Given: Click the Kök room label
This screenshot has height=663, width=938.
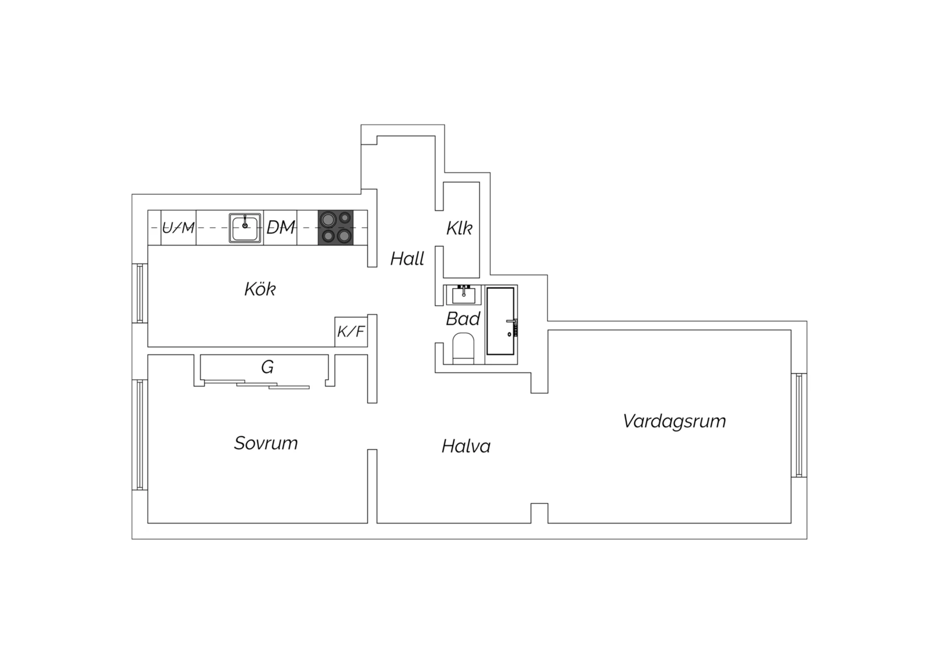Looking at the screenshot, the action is pyautogui.click(x=260, y=289).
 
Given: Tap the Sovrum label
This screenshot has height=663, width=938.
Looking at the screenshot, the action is pyautogui.click(x=266, y=443).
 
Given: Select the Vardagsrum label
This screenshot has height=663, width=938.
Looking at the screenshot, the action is pyautogui.click(x=674, y=422).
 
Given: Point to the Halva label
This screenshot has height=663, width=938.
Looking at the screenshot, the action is pyautogui.click(x=466, y=446).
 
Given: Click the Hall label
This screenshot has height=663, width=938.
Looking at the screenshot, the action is pyautogui.click(x=407, y=258).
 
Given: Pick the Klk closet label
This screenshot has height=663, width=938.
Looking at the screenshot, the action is pyautogui.click(x=459, y=228).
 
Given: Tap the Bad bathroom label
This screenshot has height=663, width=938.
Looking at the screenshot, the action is pyautogui.click(x=463, y=319).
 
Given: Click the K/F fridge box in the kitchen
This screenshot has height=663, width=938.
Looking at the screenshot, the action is pyautogui.click(x=351, y=332).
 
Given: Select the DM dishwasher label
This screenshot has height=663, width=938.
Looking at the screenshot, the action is pyautogui.click(x=281, y=227).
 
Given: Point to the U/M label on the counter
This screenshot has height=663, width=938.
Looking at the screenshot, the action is pyautogui.click(x=178, y=228).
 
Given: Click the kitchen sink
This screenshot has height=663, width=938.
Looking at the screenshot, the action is pyautogui.click(x=245, y=228).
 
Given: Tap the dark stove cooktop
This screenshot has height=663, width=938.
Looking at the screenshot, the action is pyautogui.click(x=336, y=228).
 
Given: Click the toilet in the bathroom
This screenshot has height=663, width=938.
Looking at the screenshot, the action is pyautogui.click(x=463, y=348).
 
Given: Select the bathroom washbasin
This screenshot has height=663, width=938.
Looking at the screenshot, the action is pyautogui.click(x=464, y=295).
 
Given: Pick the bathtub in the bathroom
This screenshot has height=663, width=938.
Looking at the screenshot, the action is pyautogui.click(x=501, y=321).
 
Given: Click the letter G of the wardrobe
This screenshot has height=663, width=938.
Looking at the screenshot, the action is pyautogui.click(x=267, y=367).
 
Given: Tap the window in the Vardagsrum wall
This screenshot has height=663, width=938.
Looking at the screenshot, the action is pyautogui.click(x=799, y=425).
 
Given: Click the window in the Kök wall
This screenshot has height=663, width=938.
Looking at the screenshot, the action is pyautogui.click(x=140, y=293).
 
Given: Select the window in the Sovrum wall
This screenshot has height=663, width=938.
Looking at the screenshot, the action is pyautogui.click(x=140, y=435).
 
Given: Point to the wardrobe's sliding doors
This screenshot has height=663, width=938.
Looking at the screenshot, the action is pyautogui.click(x=257, y=385).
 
